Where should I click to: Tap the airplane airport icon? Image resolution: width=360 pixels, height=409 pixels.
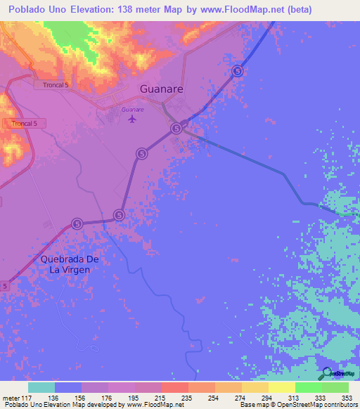[132, 119]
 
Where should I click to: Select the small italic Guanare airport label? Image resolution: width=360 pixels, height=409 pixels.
[132, 110]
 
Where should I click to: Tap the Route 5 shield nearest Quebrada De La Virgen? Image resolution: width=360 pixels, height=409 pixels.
[77, 223]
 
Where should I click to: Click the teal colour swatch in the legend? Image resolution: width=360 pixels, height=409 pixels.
[41, 387]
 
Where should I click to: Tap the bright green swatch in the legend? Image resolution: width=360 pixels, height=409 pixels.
[308, 387]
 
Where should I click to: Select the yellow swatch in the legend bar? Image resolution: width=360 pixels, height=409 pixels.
[281, 387]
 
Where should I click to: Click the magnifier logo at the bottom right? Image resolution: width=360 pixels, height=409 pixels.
[328, 374]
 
